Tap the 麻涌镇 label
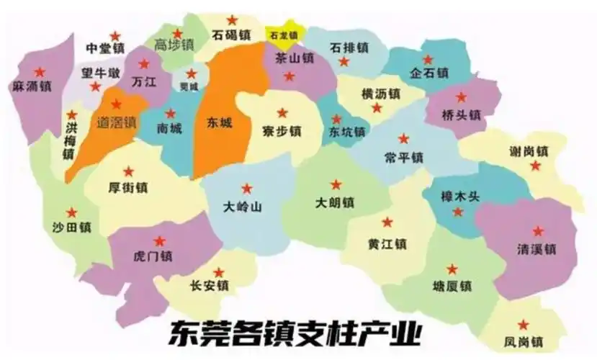[32, 87]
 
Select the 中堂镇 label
[105, 49]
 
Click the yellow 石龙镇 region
[283, 34]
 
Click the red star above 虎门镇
[160, 240]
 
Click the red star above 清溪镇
[538, 232]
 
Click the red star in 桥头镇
[462, 97]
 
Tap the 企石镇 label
[429, 73]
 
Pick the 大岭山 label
[243, 207]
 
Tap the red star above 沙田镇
[71, 212]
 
